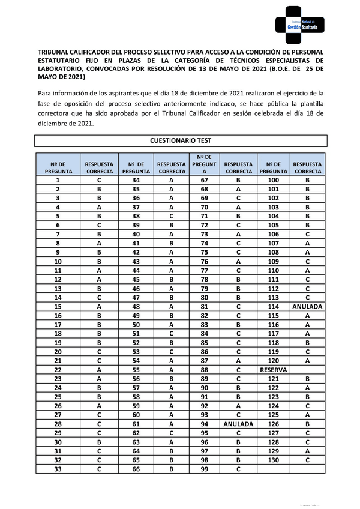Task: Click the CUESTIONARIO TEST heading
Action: pos(180,140)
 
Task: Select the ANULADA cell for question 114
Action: pos(307,306)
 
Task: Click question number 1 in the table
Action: pos(58,180)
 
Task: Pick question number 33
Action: pos(58,468)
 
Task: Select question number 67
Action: pos(204,180)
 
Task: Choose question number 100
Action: pos(274,180)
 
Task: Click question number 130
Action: pos(274,459)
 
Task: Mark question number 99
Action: pos(204,468)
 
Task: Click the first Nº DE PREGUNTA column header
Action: pos(58,167)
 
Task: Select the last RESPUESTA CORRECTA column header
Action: pos(307,167)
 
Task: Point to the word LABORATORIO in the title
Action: pos(64,69)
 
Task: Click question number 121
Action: pos(274,379)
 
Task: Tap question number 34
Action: pos(136,180)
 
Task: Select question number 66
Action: pos(136,468)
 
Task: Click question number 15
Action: pos(58,306)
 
